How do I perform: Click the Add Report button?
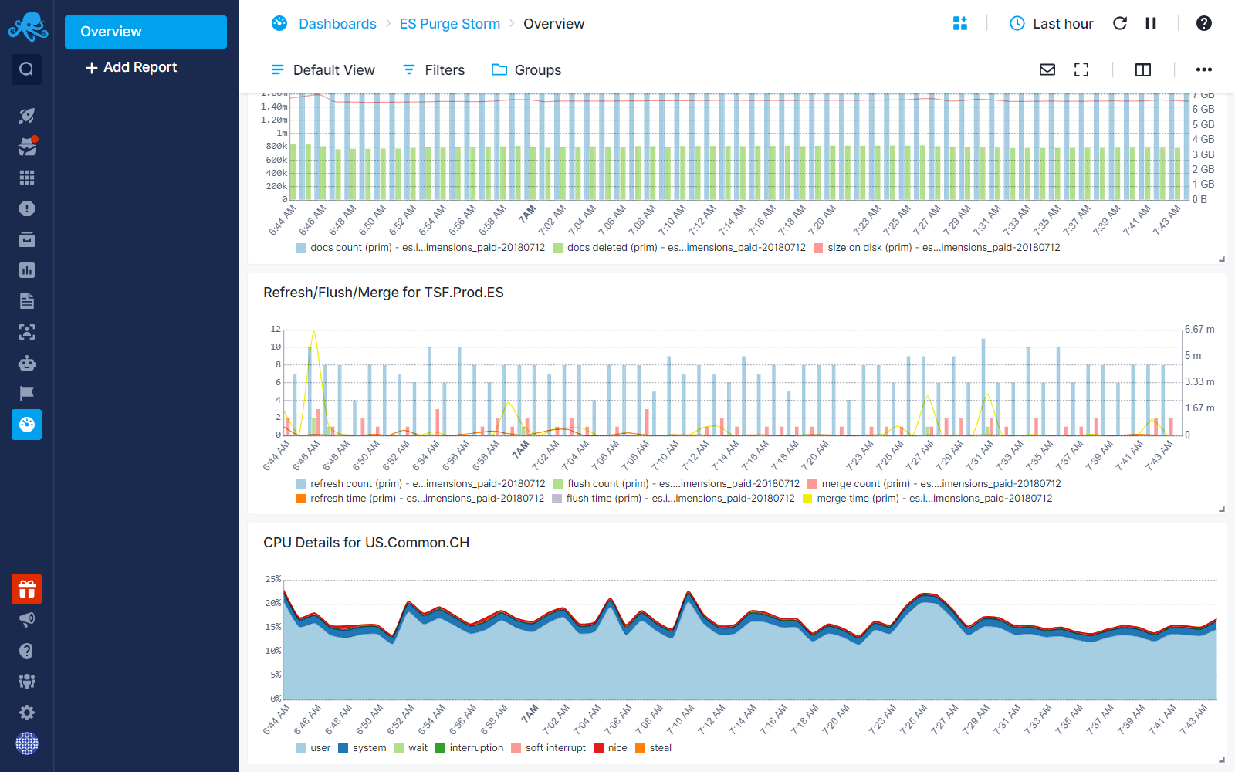tap(131, 68)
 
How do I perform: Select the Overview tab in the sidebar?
tap(145, 32)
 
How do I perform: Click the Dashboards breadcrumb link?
tap(337, 24)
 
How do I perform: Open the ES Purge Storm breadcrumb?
tap(449, 24)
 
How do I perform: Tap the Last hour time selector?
tap(1051, 24)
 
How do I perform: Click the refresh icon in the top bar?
tap(1120, 24)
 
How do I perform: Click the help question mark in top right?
tap(1203, 24)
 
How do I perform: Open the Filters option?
tap(434, 70)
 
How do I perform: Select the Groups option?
tap(526, 70)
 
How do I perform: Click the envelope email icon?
tap(1047, 70)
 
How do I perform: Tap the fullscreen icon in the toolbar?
tap(1081, 70)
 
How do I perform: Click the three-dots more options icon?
tap(1203, 70)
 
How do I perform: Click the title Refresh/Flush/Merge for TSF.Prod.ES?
tap(383, 293)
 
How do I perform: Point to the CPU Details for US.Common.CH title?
tap(366, 543)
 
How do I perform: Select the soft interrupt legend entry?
tap(548, 748)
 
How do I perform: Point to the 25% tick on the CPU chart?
tap(273, 579)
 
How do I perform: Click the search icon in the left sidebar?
tap(26, 69)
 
